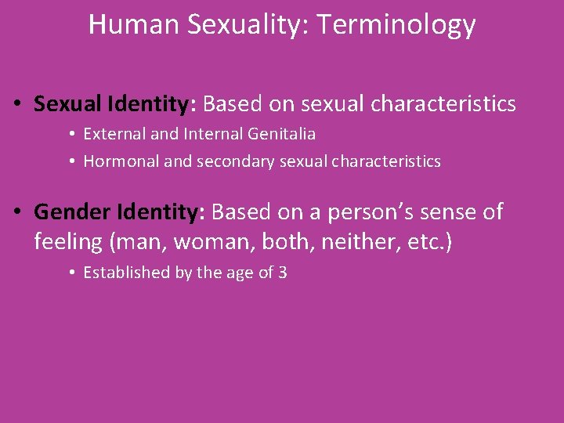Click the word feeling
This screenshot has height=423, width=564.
[68, 243]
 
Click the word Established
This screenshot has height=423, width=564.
[126, 273]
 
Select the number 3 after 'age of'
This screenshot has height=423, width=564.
[283, 273]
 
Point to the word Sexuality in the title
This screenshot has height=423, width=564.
[250, 26]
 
